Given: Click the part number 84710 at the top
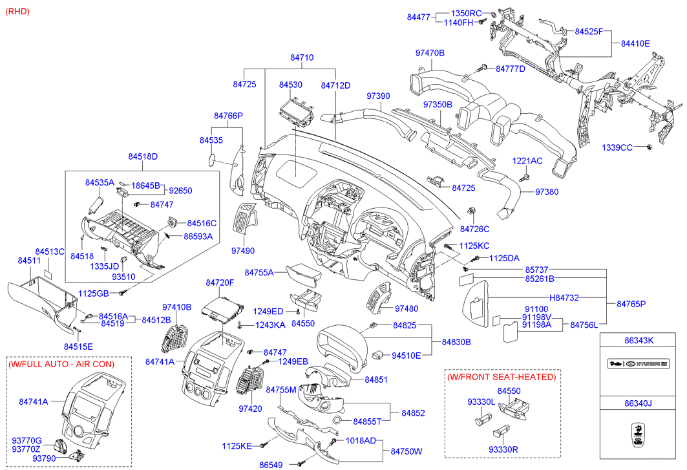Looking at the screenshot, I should point(301,58).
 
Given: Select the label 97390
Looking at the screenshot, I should point(378,96).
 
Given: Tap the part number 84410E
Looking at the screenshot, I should point(635,43).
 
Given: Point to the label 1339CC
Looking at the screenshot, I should point(617,147).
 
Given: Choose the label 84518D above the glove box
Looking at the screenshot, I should point(143,156).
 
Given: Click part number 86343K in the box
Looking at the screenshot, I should point(639,339).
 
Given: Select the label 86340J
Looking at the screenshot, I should point(639,404).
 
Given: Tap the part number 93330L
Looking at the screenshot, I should point(481,401).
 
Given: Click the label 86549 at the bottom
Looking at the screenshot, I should point(272,464).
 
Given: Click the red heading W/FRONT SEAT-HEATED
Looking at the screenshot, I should point(501,377).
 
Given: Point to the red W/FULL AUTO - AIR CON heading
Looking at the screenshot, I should point(61,364).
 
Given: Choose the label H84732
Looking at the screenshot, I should point(564,297).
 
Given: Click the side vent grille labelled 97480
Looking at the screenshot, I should point(377,301).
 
